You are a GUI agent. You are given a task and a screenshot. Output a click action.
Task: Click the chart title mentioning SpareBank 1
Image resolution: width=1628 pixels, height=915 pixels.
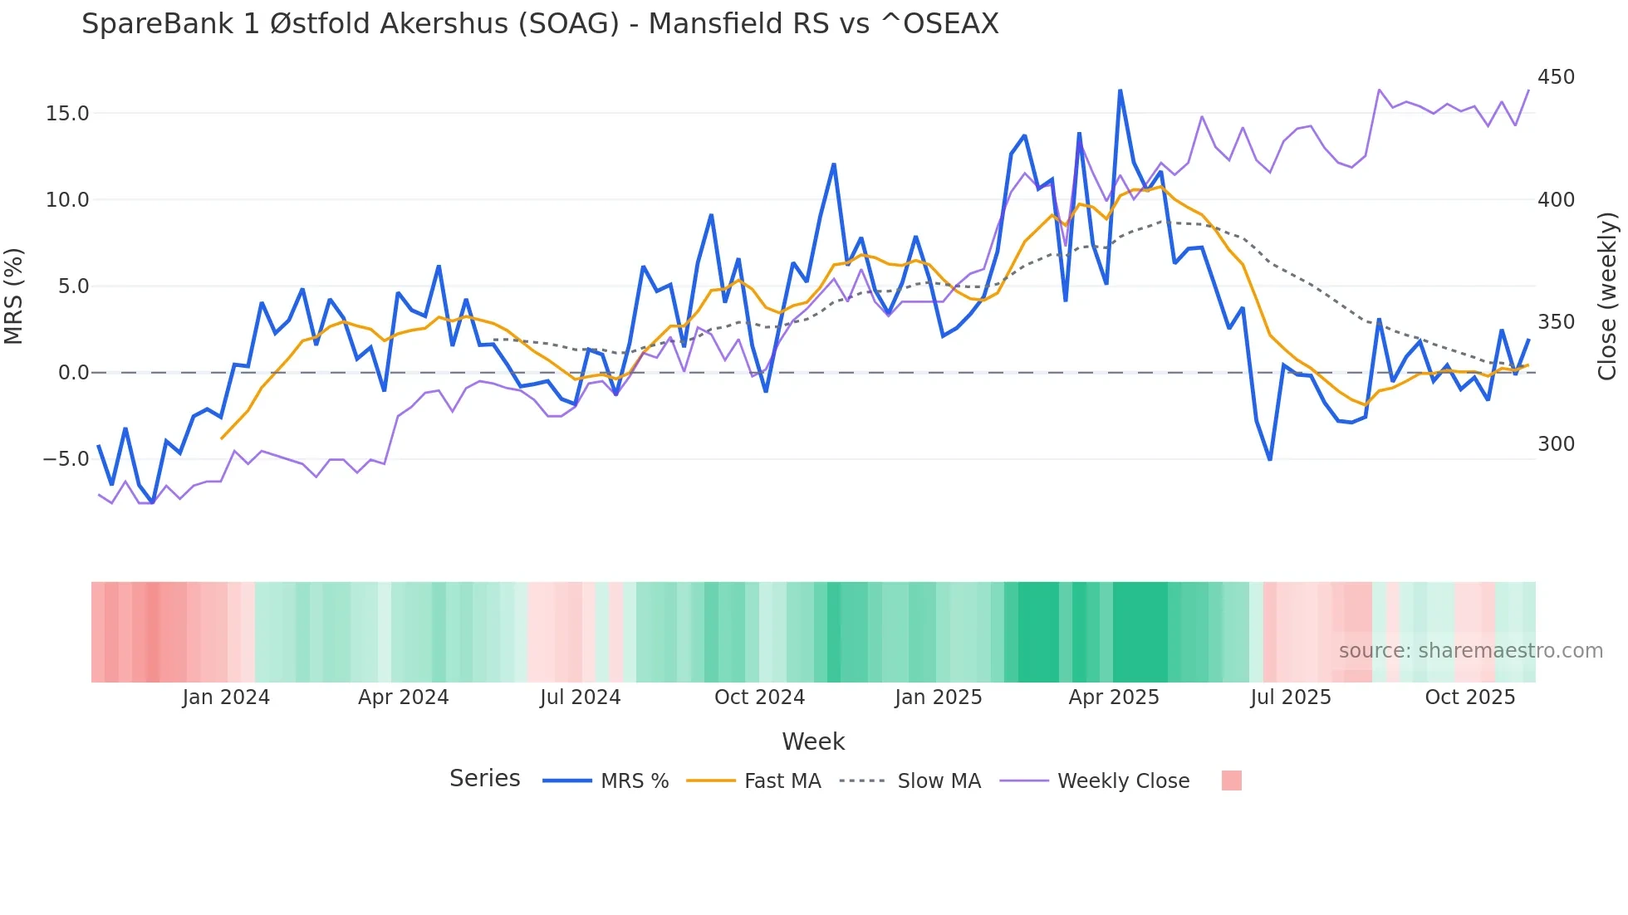540,24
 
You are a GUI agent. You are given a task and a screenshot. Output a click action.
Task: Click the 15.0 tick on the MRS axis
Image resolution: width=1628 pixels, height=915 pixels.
67,114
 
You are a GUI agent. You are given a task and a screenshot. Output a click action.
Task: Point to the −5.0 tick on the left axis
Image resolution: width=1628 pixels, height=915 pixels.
66,459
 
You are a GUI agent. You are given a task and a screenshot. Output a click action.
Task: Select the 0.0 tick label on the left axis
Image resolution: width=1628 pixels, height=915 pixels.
73,373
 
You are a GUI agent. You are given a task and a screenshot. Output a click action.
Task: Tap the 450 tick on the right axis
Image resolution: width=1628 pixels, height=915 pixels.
1556,77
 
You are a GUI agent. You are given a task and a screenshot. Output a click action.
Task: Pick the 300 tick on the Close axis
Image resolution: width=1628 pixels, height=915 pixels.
1556,444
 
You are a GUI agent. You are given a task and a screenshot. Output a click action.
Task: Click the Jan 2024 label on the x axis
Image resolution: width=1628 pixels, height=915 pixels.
226,697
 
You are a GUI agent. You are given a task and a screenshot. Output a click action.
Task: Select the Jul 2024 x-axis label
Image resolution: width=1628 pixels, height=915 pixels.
580,697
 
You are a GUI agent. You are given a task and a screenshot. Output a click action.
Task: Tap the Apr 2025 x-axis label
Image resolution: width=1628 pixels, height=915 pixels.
1113,697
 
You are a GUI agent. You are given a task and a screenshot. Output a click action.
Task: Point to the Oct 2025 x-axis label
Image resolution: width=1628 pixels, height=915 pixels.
1469,697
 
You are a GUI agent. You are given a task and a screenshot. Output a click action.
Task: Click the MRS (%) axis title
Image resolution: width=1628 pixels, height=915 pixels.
14,296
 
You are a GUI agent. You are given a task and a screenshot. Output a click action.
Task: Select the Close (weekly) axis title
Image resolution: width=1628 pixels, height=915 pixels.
1607,296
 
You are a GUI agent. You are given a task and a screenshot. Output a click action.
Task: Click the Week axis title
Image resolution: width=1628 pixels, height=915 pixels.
812,741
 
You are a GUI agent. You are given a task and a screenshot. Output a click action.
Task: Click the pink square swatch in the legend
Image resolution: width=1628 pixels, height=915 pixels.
1231,780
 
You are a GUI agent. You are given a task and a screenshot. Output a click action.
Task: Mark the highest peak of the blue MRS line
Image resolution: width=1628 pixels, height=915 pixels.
1120,91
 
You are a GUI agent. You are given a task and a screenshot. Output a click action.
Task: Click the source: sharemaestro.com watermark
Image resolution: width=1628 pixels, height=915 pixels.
1470,651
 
